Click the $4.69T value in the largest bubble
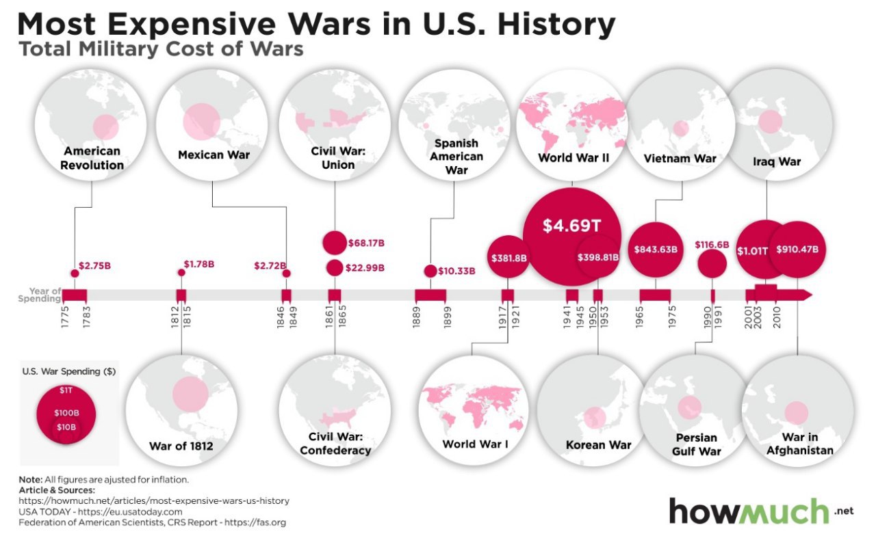(571, 226)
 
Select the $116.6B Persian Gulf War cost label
(712, 244)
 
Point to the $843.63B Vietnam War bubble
(656, 250)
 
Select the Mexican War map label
(214, 155)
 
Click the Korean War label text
(598, 445)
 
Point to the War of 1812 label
(181, 447)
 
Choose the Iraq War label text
(776, 162)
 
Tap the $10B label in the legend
(66, 427)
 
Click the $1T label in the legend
(66, 390)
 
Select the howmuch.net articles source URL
(154, 500)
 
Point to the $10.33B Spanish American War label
(456, 271)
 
